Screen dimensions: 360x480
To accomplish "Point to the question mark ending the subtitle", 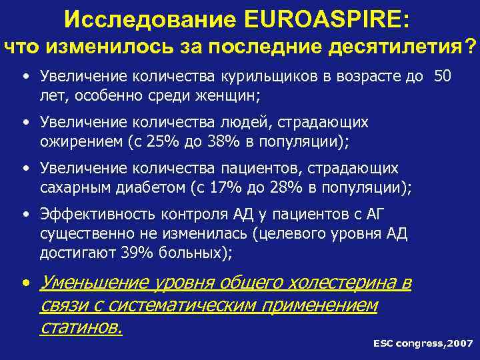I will [471, 46].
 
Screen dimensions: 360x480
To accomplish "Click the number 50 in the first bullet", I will [443, 76].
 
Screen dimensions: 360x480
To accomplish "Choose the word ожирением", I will [87, 141].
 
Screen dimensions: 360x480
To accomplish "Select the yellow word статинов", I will [81, 327].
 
